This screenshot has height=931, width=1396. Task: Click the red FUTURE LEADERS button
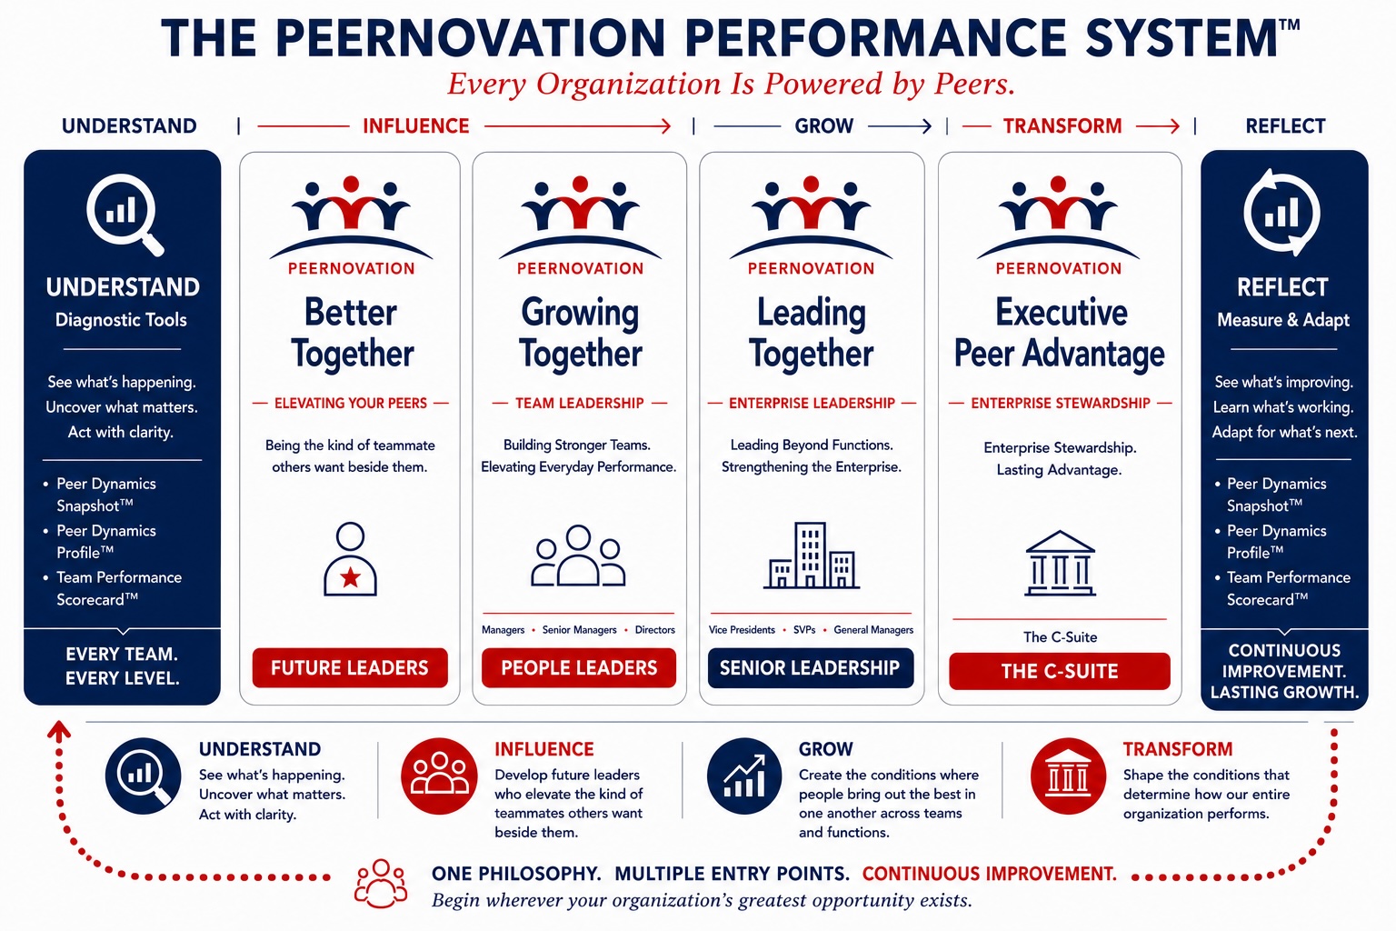click(350, 668)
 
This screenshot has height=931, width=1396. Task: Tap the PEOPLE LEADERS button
click(578, 668)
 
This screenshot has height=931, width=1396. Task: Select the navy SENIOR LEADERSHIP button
click(810, 668)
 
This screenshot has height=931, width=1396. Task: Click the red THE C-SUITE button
click(1060, 671)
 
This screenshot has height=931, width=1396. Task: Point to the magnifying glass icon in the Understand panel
click(125, 215)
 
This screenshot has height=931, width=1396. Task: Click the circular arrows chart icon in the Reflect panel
click(1282, 213)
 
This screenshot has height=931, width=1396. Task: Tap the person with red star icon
click(350, 559)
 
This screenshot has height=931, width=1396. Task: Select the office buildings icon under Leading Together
click(812, 555)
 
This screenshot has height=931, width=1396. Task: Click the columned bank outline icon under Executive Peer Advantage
click(1060, 563)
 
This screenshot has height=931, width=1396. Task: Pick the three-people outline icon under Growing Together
click(578, 555)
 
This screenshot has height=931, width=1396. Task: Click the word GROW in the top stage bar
click(824, 126)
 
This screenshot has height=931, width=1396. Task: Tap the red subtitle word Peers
click(974, 84)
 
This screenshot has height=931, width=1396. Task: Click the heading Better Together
click(352, 333)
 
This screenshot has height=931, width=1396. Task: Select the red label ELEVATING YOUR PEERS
click(351, 404)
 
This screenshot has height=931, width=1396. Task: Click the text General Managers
click(873, 630)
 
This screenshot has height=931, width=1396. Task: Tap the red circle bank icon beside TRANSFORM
click(1068, 776)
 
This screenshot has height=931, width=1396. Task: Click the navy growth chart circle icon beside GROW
click(744, 776)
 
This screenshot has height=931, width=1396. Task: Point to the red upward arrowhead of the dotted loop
click(58, 730)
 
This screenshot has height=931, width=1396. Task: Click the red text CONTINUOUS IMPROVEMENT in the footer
click(989, 874)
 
